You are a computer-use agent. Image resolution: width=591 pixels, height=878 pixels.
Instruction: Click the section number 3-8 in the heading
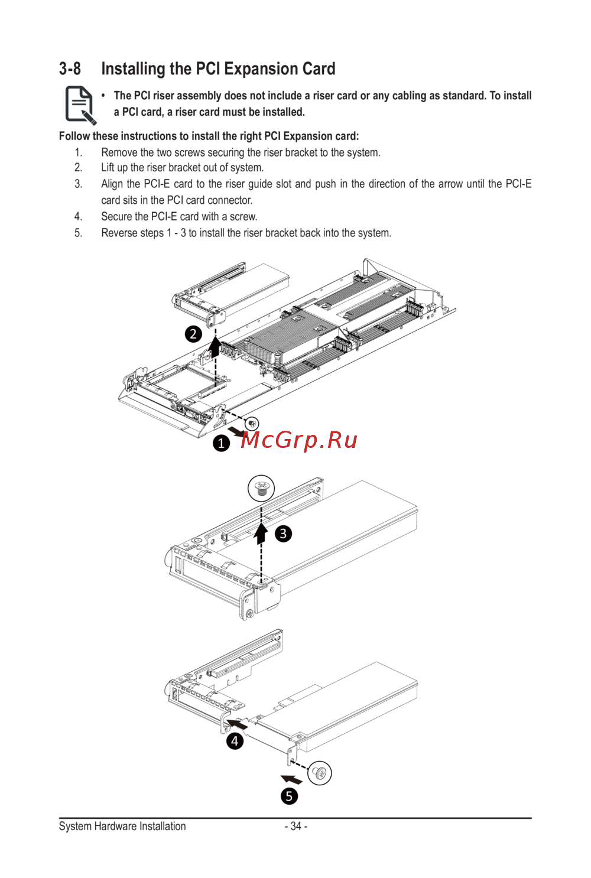(70, 69)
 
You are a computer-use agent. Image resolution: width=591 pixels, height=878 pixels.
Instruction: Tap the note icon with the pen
(80, 105)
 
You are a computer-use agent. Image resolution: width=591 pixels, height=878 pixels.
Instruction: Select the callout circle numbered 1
(221, 443)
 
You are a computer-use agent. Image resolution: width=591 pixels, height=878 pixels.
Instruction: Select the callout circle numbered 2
(193, 334)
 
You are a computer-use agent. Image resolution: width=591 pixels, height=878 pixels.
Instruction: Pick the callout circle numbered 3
(284, 534)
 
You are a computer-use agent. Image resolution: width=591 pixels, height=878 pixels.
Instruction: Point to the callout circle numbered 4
(235, 741)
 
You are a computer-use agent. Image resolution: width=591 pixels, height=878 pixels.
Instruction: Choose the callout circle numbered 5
(289, 796)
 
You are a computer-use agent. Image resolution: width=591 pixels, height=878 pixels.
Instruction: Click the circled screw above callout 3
(261, 489)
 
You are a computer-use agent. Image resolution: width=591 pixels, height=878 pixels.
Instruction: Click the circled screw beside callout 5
(320, 773)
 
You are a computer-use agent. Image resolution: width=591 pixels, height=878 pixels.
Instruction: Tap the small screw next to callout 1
(252, 424)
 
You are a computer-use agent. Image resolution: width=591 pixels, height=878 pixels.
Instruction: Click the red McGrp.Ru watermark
(300, 440)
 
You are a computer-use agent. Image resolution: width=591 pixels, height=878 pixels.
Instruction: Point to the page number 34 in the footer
(295, 826)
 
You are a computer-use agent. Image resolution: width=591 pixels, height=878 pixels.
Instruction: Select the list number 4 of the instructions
(79, 217)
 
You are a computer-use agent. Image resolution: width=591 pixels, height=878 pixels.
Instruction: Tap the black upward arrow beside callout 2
(216, 346)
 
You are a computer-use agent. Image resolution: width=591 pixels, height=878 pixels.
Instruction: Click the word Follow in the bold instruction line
(74, 136)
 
